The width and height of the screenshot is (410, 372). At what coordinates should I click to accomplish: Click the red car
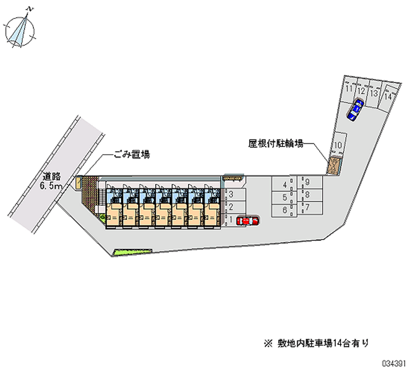(x=248, y=221)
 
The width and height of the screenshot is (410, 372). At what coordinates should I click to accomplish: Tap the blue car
(x=355, y=110)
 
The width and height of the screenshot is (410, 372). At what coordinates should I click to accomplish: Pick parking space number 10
(x=338, y=145)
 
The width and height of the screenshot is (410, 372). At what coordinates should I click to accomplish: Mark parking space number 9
(x=307, y=182)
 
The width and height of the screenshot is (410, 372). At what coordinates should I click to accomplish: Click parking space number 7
(x=307, y=207)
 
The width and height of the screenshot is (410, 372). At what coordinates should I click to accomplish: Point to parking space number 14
(x=389, y=96)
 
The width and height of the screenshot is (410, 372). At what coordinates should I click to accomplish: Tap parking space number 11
(x=349, y=90)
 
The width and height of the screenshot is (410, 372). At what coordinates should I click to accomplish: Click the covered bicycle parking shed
(x=334, y=166)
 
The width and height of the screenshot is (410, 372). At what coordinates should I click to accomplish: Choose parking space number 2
(x=232, y=207)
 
